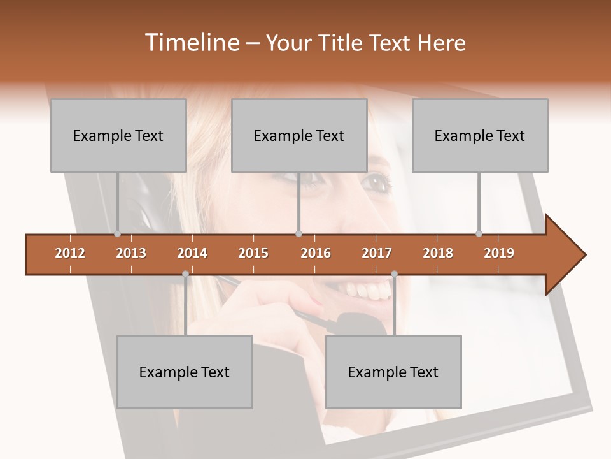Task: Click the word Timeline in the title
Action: tap(190, 43)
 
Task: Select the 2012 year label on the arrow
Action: tap(70, 253)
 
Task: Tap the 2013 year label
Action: tap(131, 253)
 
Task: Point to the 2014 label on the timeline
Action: tap(192, 253)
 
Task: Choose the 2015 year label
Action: tap(253, 253)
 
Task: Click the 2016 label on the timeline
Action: tap(316, 253)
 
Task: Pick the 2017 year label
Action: tap(377, 253)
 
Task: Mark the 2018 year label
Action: tap(438, 253)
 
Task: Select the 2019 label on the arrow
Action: tap(499, 253)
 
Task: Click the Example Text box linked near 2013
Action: tap(118, 135)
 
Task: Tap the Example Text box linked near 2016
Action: tap(299, 135)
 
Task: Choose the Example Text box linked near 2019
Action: tap(480, 135)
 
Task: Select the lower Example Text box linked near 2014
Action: tap(185, 372)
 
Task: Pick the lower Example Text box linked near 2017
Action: tap(393, 372)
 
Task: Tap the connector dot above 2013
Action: tap(117, 234)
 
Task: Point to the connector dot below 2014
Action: tap(185, 274)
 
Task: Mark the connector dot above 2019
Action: tap(479, 234)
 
